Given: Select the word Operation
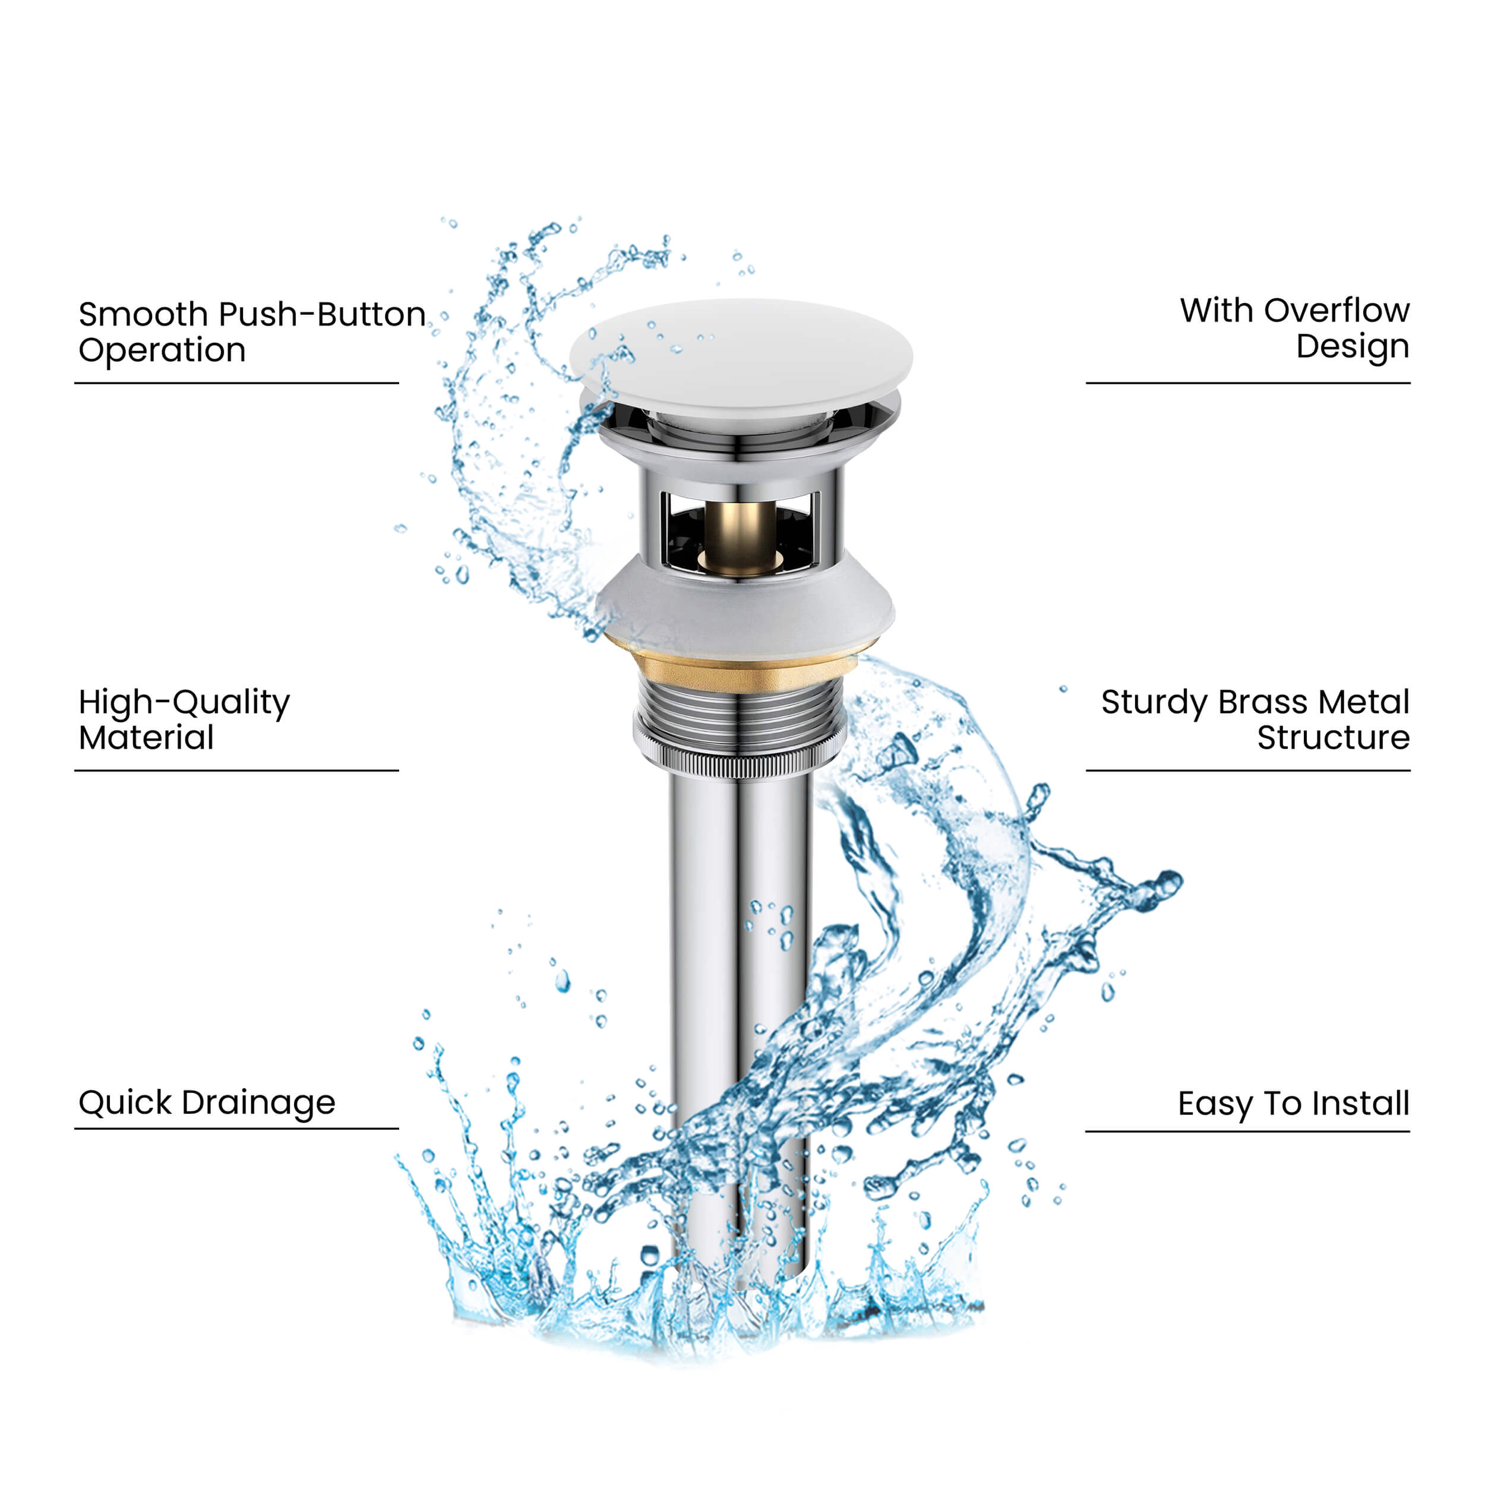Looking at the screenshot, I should (162, 350).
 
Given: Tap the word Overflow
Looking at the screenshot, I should (1336, 311).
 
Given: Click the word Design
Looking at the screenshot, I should (1352, 347).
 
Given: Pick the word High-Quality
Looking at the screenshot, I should (185, 703).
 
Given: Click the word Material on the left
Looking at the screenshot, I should (146, 738).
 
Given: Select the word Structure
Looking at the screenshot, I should (1333, 738).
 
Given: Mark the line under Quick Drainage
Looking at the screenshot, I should (236, 1129).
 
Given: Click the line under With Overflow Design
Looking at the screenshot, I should (1247, 382).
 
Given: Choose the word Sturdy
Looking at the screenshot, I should (1155, 703).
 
